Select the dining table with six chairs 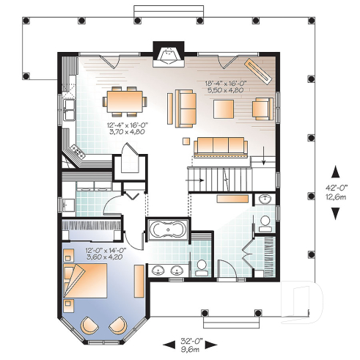126,101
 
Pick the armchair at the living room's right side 262,108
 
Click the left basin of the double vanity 158,271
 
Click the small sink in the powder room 264,199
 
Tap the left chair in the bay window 89,324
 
